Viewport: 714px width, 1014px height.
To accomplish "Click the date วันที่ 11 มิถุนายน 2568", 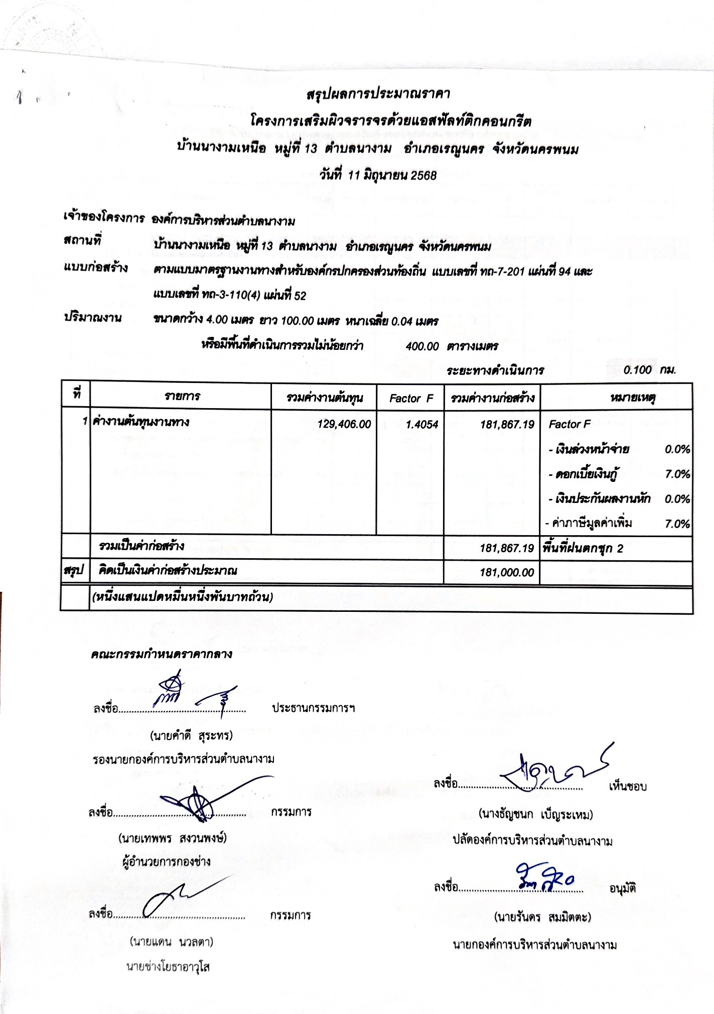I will point(378,175).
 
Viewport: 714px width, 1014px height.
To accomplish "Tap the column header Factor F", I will point(411,398).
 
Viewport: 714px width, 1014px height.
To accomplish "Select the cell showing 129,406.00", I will point(344,424).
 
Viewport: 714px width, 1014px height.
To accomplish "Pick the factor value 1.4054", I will point(421,424).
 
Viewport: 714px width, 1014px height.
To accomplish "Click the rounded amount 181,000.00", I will point(506,572).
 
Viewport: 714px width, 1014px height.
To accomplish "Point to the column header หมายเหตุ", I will point(633,398).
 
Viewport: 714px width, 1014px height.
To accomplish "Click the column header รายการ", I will point(182,397).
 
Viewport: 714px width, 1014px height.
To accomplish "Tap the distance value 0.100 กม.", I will point(649,370).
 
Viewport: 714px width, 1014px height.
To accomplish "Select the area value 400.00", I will point(422,346).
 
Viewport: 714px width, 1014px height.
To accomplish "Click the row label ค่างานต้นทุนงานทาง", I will point(141,422).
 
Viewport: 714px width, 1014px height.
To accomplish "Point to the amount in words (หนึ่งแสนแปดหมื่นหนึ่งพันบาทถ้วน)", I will point(183,597).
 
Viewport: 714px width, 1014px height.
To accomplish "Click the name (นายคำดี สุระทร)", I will point(192,736).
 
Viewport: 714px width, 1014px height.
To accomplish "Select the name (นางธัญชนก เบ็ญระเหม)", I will point(535,814).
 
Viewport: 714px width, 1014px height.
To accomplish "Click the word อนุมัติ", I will point(622,889).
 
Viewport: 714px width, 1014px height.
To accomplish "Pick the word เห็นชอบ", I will point(627,786).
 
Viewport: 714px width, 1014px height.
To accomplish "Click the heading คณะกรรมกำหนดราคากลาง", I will point(162,654).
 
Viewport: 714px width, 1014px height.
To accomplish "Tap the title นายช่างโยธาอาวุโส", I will point(168,967).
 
